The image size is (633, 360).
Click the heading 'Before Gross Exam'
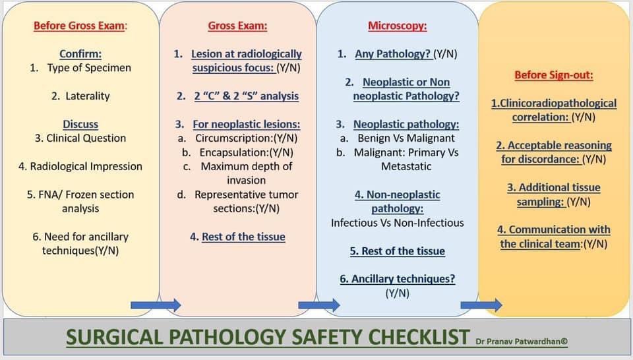click(80, 26)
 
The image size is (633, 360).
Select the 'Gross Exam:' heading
click(237, 26)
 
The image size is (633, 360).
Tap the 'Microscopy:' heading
click(397, 26)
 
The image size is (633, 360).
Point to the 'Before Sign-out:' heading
click(554, 75)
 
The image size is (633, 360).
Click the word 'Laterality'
click(88, 96)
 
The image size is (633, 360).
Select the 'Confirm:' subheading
click(80, 53)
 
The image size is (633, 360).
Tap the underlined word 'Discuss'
click(80, 124)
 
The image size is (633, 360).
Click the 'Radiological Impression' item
click(86, 166)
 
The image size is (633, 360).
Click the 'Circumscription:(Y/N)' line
click(246, 138)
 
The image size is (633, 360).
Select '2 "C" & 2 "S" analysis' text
click(246, 96)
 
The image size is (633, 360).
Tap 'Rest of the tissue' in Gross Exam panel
click(243, 237)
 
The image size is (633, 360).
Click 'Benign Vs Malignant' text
click(406, 138)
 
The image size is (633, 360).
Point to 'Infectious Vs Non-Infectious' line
click(398, 223)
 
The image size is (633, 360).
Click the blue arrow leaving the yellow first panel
click(156, 304)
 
